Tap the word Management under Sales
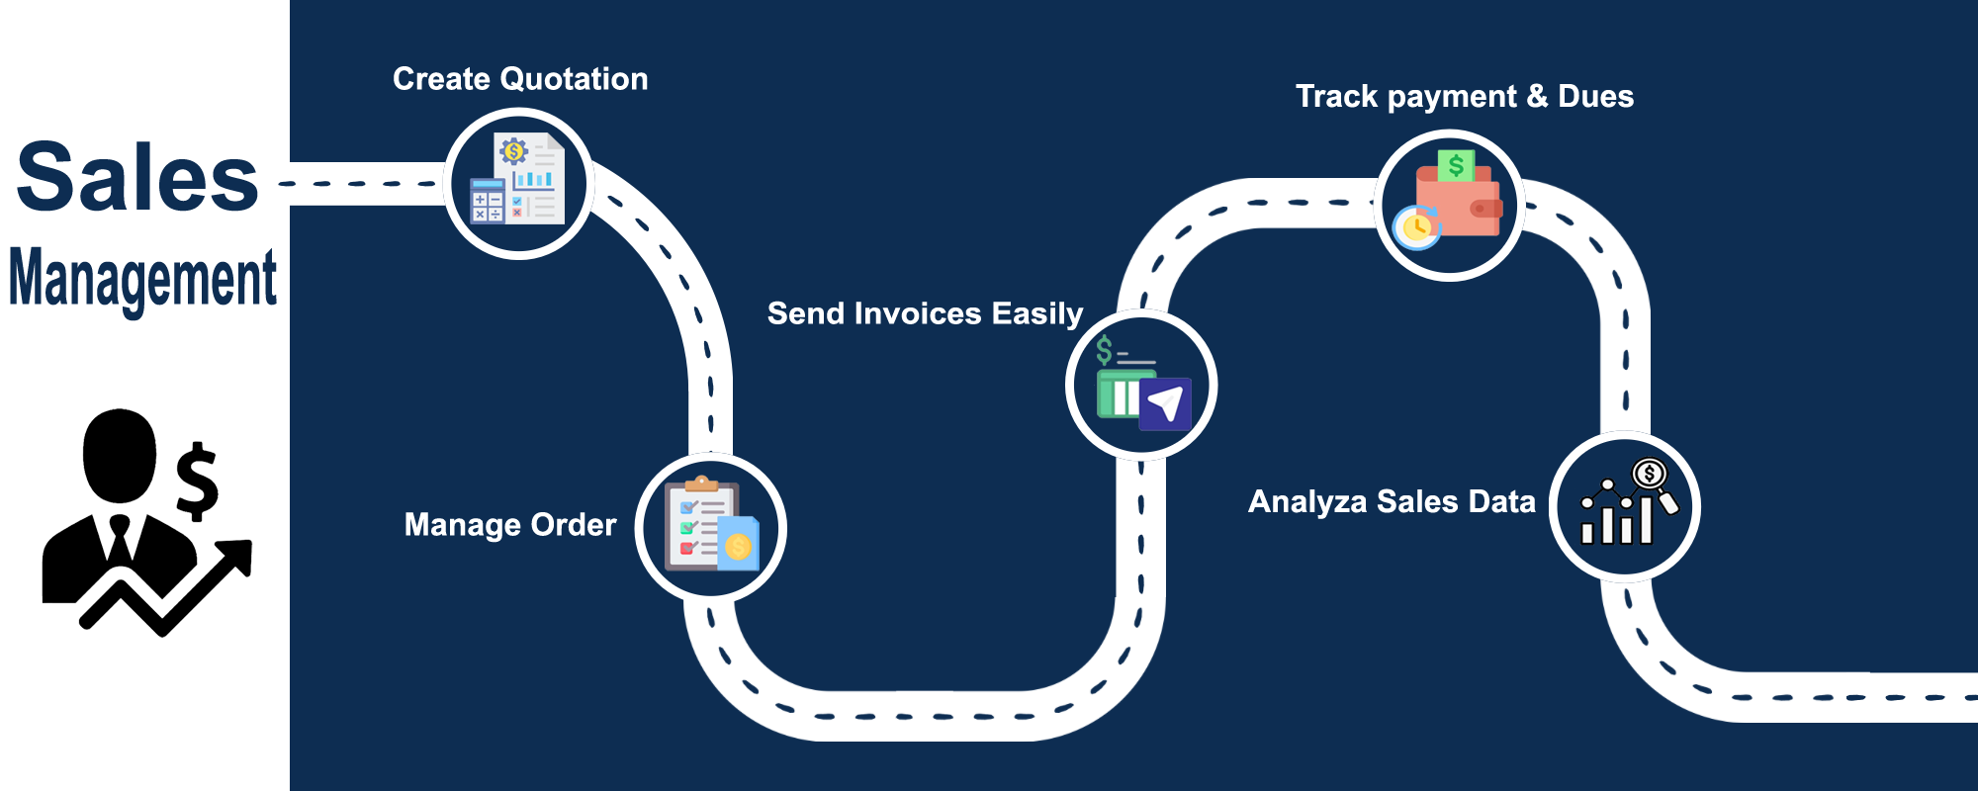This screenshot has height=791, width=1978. [x=143, y=279]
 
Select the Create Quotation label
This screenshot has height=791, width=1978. [x=520, y=79]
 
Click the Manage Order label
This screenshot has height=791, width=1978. [x=510, y=524]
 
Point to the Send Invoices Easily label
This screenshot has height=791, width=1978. [x=926, y=313]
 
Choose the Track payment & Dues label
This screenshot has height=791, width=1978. [x=1465, y=96]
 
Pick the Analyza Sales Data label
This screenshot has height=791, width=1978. [x=1393, y=501]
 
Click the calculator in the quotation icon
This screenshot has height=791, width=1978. [x=488, y=201]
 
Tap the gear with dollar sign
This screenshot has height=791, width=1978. [x=513, y=151]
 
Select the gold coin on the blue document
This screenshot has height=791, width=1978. [x=738, y=546]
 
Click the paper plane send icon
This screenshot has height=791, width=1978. [x=1165, y=403]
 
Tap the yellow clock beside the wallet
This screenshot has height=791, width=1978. [x=1416, y=227]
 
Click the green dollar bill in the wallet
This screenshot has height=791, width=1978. [x=1456, y=165]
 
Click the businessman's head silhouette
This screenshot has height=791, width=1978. [x=120, y=456]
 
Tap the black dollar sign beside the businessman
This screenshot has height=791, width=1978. [x=197, y=481]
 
